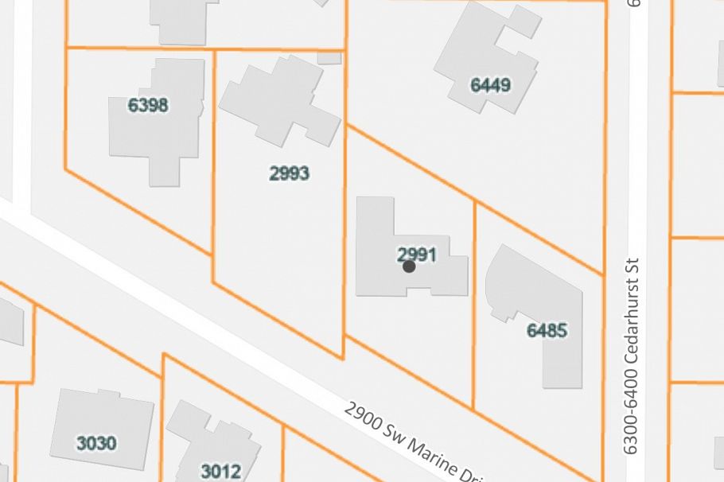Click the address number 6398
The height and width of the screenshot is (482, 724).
tap(148, 105)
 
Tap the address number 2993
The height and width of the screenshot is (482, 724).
tap(289, 173)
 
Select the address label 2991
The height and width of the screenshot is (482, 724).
tap(417, 255)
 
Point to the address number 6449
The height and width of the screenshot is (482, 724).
tap(490, 85)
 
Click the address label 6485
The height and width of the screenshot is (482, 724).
tap(547, 330)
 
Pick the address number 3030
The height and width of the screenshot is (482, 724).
tap(96, 444)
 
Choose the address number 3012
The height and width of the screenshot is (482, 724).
tap(220, 471)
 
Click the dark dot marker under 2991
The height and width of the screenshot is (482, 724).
tap(409, 267)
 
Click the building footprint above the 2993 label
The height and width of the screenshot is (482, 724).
tap(274, 99)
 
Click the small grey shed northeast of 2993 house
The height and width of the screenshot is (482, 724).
tap(329, 58)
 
